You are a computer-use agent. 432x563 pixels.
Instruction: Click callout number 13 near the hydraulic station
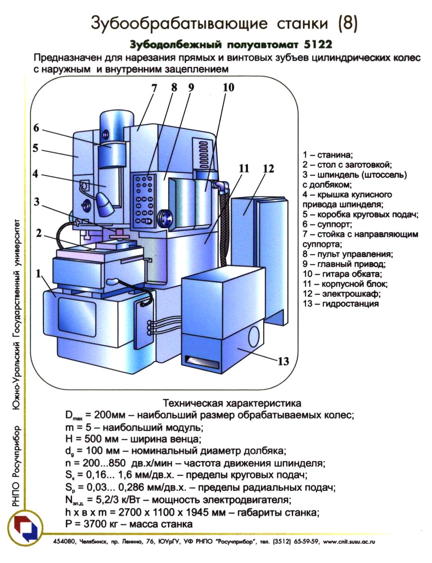[283, 361]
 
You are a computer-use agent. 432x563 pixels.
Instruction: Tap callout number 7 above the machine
[154, 88]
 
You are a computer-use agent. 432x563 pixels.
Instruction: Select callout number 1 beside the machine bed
[38, 274]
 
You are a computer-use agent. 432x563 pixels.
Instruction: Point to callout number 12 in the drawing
[268, 169]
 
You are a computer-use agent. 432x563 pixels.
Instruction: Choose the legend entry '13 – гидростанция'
[340, 304]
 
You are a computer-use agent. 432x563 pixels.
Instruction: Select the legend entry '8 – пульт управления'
[348, 254]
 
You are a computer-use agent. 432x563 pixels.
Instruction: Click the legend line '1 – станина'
[328, 155]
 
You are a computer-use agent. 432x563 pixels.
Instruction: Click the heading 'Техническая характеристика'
[232, 403]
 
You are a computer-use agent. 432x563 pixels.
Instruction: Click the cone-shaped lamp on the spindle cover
[104, 204]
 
